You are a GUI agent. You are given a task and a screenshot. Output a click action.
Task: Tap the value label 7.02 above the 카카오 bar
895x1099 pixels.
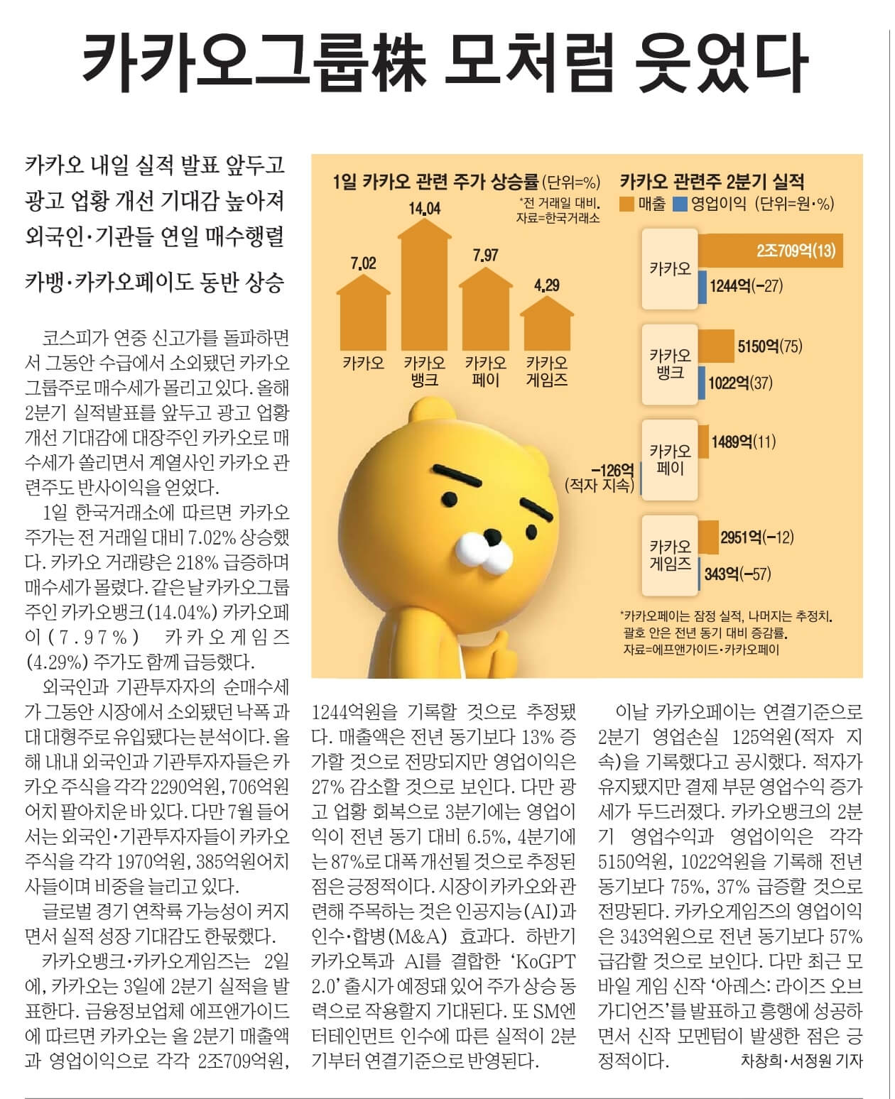(x=363, y=264)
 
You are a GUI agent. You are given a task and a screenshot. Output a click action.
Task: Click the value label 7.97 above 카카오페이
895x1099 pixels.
(x=485, y=255)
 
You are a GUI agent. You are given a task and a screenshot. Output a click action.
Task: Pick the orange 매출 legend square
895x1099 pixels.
(x=627, y=204)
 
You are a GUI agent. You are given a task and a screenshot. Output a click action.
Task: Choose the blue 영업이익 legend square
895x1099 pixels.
(x=680, y=204)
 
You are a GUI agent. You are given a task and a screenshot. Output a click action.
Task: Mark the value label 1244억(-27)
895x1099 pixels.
(x=745, y=286)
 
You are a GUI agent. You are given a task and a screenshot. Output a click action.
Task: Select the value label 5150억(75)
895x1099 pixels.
(x=769, y=346)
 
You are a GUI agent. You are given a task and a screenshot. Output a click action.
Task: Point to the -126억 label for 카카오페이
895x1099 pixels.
(x=612, y=470)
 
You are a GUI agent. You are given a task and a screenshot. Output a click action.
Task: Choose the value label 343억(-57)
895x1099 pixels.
(x=737, y=574)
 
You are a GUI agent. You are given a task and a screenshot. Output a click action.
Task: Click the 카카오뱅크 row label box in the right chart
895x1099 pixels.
(x=669, y=364)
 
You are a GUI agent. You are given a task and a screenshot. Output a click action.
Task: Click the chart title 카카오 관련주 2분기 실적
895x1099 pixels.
(x=712, y=181)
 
